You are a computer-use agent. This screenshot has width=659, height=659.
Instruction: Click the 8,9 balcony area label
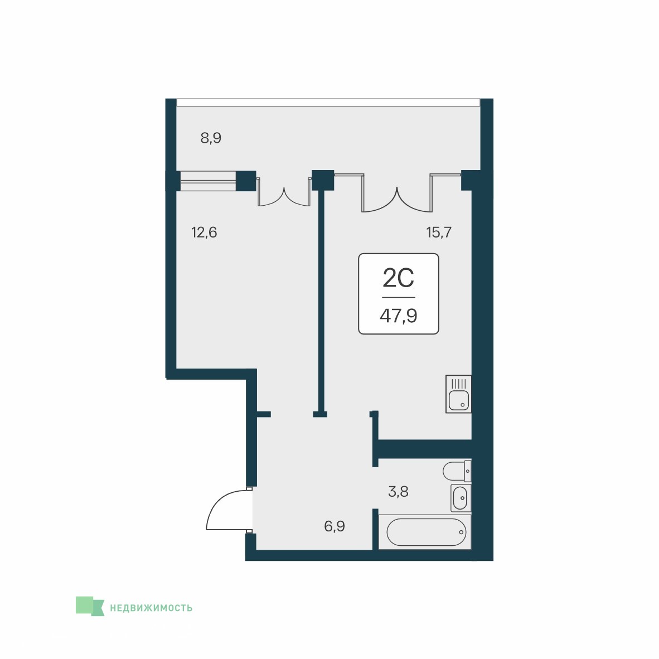211,138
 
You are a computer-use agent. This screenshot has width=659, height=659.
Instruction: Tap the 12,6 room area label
204,232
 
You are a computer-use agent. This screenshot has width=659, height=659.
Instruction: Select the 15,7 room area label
439,232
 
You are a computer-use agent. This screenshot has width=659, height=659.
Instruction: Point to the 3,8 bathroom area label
398,491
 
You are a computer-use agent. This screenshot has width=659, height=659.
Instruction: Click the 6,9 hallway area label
335,526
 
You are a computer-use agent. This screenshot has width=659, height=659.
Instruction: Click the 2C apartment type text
399,278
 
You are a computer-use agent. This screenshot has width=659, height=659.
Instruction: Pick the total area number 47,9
399,315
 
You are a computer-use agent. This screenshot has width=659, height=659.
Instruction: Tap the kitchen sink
458,394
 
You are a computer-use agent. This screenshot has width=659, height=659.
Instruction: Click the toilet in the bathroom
457,471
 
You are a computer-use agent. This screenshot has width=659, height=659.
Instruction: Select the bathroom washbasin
461,498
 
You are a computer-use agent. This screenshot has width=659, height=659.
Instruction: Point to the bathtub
425,532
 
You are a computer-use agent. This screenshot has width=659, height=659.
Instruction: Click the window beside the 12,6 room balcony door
208,181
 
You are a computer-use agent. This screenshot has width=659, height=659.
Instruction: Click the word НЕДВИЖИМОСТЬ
151,608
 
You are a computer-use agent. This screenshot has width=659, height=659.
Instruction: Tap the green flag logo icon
90,606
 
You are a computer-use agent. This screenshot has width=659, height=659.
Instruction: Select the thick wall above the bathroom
425,449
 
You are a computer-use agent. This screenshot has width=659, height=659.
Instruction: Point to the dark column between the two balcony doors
323,180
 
